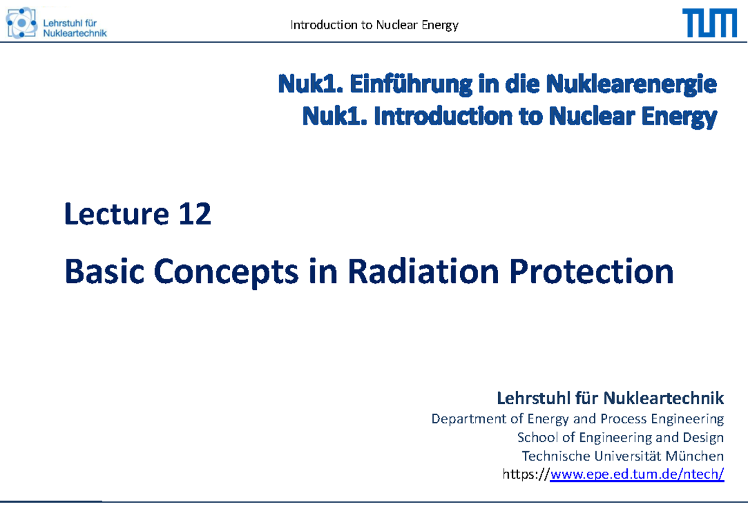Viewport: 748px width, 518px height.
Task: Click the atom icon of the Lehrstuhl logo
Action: [21, 24]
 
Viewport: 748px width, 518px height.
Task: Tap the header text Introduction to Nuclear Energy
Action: [374, 26]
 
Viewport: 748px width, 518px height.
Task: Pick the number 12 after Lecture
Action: [194, 216]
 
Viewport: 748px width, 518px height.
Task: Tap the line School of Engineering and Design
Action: [621, 437]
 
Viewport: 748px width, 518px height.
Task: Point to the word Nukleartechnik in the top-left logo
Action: [75, 32]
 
